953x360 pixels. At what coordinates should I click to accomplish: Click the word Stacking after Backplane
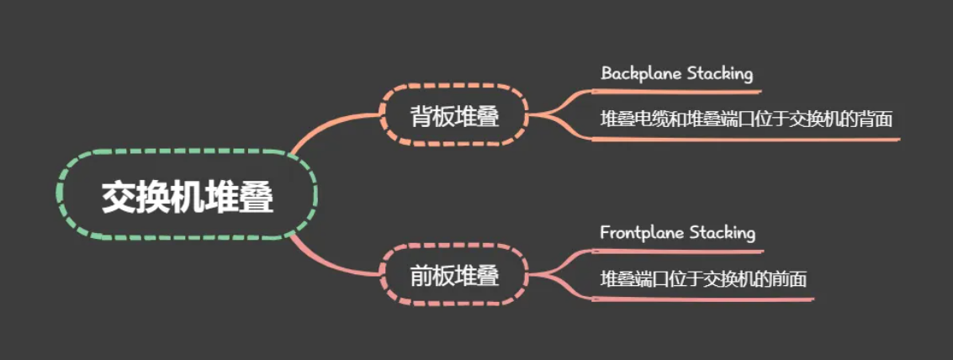click(719, 73)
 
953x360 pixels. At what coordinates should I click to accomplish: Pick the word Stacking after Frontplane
click(722, 232)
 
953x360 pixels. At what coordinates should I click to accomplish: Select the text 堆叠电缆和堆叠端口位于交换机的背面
click(746, 119)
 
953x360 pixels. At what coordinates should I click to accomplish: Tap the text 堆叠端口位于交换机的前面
click(703, 278)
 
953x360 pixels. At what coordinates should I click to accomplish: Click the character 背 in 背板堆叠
click(421, 115)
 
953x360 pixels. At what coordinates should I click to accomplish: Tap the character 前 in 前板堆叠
click(421, 275)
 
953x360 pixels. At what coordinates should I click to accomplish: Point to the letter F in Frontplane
click(605, 232)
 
